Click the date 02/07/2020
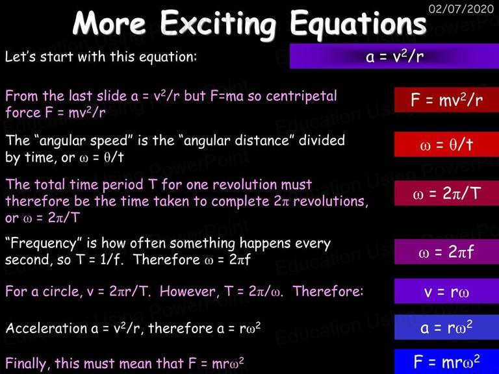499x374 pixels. tap(461, 8)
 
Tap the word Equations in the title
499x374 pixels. tap(358, 25)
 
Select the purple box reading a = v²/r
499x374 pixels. tap(394, 56)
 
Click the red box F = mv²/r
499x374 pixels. tap(446, 100)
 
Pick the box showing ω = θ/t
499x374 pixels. tap(446, 144)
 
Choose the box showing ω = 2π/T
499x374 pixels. tap(446, 193)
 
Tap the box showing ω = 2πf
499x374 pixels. tap(446, 252)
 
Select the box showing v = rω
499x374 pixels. tap(446, 291)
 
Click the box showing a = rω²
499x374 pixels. tap(446, 327)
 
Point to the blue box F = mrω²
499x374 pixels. tap(446, 362)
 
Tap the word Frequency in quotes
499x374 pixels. tap(44, 244)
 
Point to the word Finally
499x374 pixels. tap(28, 364)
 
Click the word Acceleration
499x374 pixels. tap(47, 328)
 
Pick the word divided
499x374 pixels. tap(322, 140)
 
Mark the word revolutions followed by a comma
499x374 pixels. tap(330, 201)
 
